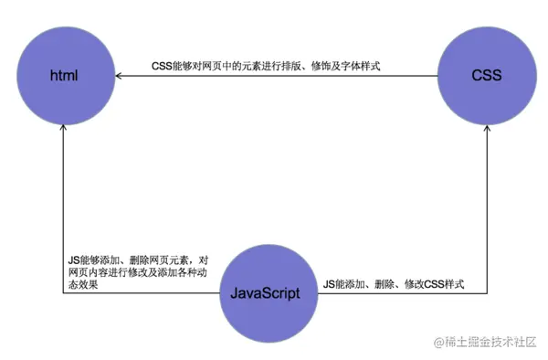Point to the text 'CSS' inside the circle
pyautogui.click(x=486, y=75)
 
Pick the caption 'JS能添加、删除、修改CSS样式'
pyautogui.click(x=394, y=285)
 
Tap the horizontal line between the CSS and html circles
pyautogui.click(x=274, y=75)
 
